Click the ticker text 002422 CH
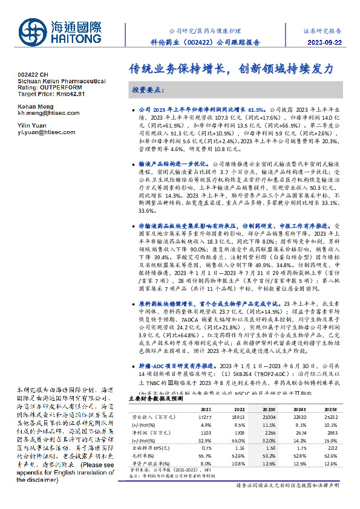tap(33, 76)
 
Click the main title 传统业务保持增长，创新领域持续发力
tap(231, 69)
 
